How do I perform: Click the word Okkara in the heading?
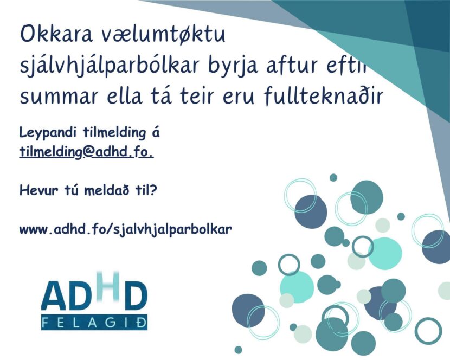57,34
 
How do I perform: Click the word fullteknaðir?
324,94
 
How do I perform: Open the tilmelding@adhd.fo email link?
86,152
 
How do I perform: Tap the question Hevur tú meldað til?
88,190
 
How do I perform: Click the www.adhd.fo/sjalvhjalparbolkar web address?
126,229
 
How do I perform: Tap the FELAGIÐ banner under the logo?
94,323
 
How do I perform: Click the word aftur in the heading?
291,65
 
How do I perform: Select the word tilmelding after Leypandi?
114,133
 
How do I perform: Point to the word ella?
125,95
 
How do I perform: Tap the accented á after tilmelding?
156,133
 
